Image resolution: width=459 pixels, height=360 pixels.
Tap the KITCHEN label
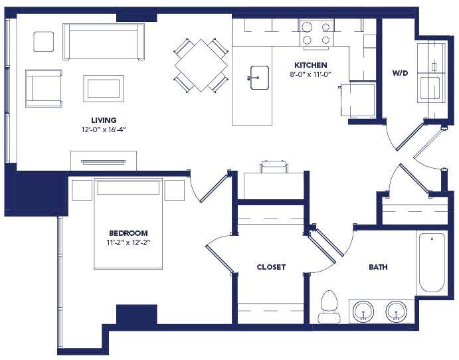[x=311, y=65]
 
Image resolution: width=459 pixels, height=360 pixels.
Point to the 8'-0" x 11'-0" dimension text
[x=311, y=74]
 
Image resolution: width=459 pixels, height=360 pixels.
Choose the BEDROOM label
[x=128, y=233]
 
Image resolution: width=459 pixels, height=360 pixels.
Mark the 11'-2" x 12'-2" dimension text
[x=128, y=242]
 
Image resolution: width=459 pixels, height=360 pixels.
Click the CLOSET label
[x=271, y=267]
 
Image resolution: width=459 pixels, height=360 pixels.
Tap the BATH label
[x=378, y=267]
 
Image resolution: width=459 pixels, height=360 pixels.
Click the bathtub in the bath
[x=431, y=262]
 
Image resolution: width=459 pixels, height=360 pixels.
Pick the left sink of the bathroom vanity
[x=363, y=310]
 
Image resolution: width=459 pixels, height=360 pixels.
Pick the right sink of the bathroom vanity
[x=397, y=310]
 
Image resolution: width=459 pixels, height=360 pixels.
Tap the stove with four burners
[x=316, y=33]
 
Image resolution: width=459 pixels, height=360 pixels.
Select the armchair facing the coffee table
[x=44, y=88]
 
